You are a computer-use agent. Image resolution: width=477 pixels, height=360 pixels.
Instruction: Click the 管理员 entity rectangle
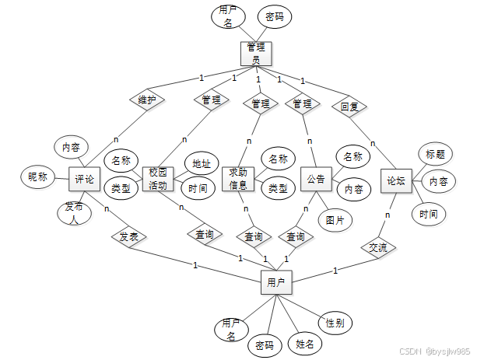pyautogui.click(x=255, y=52)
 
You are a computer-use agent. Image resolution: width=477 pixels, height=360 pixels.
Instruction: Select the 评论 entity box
pyautogui.click(x=85, y=179)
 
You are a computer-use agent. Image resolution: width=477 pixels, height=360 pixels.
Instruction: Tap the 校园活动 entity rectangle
pyautogui.click(x=159, y=179)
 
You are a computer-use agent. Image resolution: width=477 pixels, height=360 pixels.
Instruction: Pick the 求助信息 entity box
pyautogui.click(x=239, y=179)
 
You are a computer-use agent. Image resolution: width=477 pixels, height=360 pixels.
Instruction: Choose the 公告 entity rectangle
pyautogui.click(x=316, y=179)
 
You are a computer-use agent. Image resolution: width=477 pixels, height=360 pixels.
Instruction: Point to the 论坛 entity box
pyautogui.click(x=395, y=180)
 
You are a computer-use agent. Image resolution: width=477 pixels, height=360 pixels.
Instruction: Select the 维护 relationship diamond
pyautogui.click(x=147, y=100)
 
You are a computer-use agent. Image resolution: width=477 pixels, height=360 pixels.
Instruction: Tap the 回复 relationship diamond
pyautogui.click(x=349, y=105)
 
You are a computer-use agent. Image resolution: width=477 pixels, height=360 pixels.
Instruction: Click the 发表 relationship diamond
pyautogui.click(x=128, y=236)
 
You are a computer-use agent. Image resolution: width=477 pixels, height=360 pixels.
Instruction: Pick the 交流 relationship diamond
pyautogui.click(x=378, y=247)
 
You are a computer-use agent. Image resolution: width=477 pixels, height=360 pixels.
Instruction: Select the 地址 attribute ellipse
pyautogui.click(x=202, y=163)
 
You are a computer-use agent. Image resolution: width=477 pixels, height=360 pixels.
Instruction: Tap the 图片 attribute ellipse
pyautogui.click(x=335, y=219)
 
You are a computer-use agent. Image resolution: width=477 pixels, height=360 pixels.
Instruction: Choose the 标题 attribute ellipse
pyautogui.click(x=435, y=154)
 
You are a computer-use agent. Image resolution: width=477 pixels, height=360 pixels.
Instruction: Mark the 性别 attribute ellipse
pyautogui.click(x=336, y=322)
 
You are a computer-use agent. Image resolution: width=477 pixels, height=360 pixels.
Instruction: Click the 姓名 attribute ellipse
pyautogui.click(x=304, y=342)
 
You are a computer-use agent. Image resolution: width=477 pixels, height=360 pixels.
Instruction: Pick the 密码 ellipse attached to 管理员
pyautogui.click(x=274, y=16)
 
